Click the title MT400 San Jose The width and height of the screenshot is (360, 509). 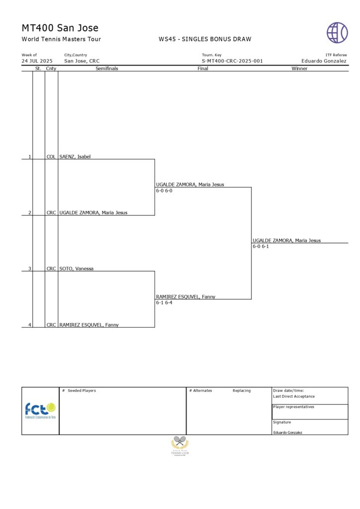click(60, 28)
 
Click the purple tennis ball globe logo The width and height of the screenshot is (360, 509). click(337, 32)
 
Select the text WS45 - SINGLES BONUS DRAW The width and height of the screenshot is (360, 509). click(205, 39)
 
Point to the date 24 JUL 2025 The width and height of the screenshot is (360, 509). click(37, 61)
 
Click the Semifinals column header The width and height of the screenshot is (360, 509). click(106, 69)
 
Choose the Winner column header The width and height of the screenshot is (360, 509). click(299, 69)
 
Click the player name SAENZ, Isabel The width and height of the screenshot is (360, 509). click(75, 157)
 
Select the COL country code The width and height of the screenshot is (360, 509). click(51, 157)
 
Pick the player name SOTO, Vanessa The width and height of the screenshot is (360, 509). click(77, 268)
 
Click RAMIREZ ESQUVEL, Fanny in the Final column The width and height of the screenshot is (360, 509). click(185, 297)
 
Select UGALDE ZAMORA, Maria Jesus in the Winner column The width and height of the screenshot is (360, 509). click(286, 241)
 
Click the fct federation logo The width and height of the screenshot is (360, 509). click(40, 411)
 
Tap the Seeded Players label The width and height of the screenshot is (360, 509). click(82, 391)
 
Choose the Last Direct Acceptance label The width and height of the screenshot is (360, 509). click(294, 397)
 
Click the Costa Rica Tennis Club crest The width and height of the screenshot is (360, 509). click(180, 445)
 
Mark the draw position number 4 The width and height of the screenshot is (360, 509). click(29, 325)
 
